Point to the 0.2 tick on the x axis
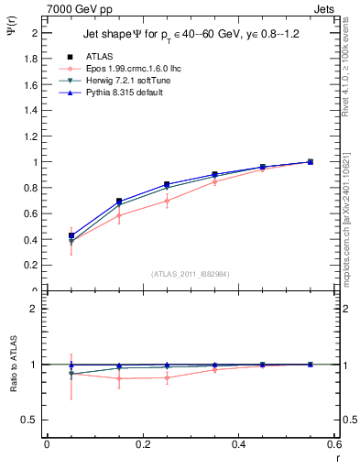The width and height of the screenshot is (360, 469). pyautogui.click(x=142, y=444)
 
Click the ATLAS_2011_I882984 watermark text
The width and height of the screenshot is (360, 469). pyautogui.click(x=190, y=273)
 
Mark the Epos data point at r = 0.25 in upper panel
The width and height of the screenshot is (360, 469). pyautogui.click(x=167, y=201)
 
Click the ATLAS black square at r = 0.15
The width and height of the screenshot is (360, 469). pyautogui.click(x=119, y=201)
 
